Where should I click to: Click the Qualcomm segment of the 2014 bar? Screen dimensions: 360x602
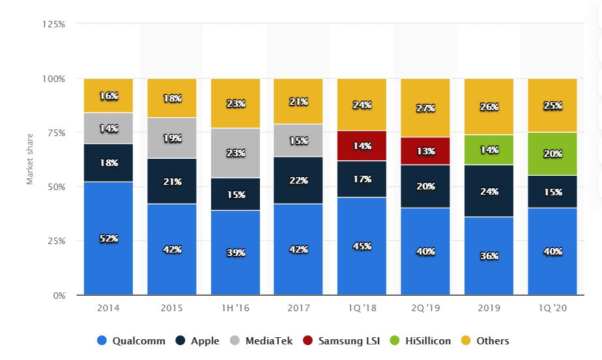click(x=108, y=238)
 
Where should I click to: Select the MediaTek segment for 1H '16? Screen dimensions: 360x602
click(x=235, y=153)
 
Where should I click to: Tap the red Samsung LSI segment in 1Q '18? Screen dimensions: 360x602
click(x=362, y=146)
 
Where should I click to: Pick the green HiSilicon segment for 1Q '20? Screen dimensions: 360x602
click(x=552, y=154)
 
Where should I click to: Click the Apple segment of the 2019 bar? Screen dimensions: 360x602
click(x=489, y=191)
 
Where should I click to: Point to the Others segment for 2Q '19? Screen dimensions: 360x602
click(x=425, y=108)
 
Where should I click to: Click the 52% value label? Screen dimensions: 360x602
click(x=108, y=239)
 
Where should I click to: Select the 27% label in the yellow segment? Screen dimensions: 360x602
click(x=425, y=109)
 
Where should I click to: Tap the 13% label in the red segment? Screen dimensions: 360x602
click(x=425, y=152)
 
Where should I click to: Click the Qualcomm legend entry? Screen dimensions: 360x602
click(x=130, y=340)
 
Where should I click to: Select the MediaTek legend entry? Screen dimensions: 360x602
click(x=261, y=340)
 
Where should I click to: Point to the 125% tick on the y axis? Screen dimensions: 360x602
click(x=53, y=24)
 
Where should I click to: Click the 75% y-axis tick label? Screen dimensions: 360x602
click(x=55, y=133)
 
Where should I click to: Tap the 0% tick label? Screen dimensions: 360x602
click(x=58, y=296)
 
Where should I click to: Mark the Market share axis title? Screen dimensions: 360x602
click(x=30, y=159)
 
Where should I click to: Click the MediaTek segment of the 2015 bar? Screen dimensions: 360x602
click(x=171, y=138)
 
